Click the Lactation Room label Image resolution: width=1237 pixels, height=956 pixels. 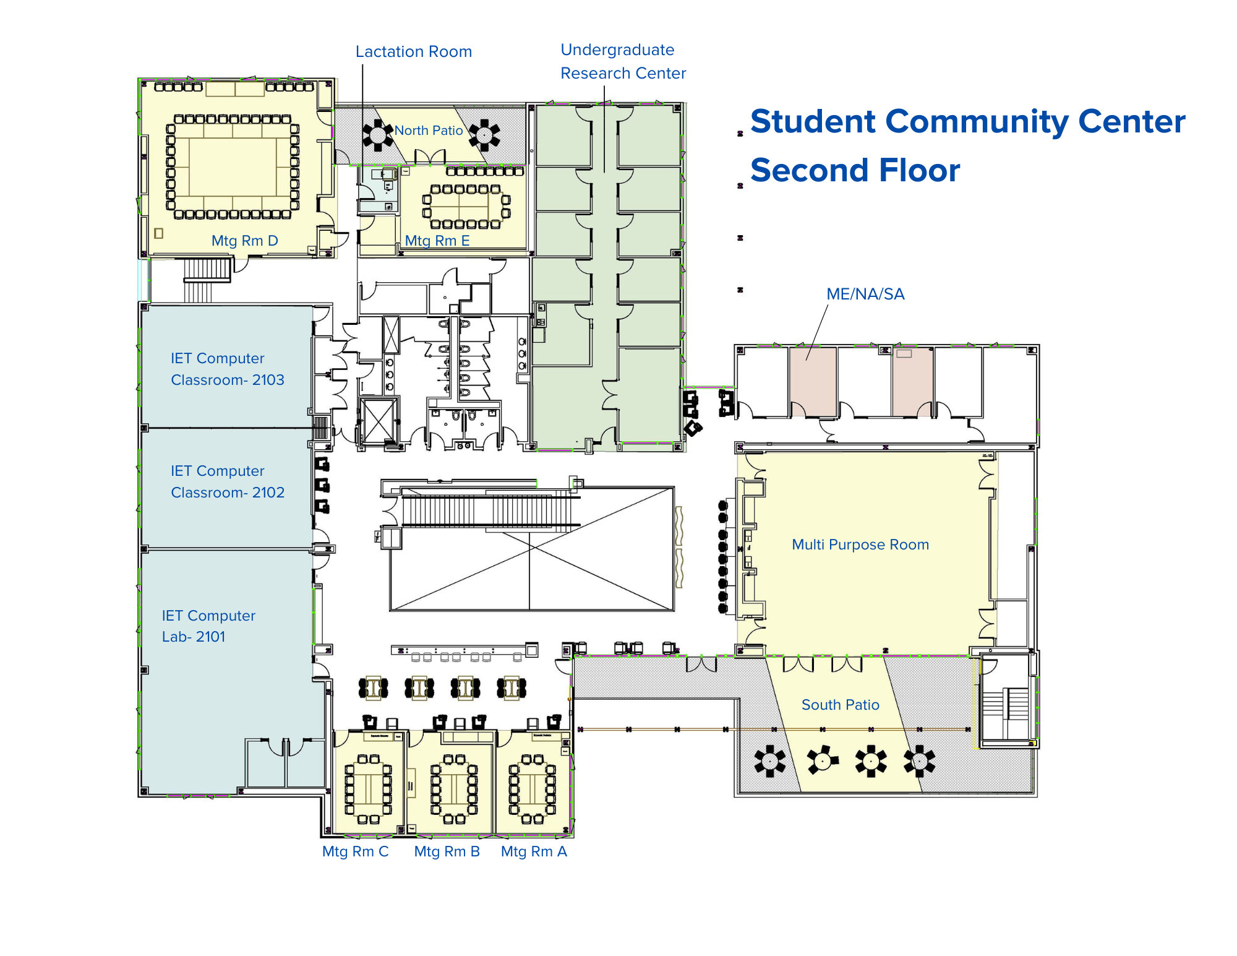click(413, 51)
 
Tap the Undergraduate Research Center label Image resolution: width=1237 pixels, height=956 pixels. click(622, 61)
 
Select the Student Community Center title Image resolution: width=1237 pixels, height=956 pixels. click(967, 121)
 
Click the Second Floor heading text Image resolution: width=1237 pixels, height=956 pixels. click(855, 170)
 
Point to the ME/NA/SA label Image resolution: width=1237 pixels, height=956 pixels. click(865, 294)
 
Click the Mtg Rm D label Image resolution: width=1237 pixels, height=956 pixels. click(244, 241)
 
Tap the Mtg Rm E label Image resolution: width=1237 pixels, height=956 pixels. click(437, 241)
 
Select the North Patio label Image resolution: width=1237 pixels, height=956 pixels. click(429, 131)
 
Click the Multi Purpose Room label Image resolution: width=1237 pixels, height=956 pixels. click(860, 545)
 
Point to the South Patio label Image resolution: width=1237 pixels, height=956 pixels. click(840, 705)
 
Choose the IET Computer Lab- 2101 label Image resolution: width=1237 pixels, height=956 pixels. click(208, 626)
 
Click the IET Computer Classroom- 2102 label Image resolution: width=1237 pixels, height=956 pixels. click(227, 481)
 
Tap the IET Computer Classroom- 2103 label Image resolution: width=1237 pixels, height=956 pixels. click(227, 369)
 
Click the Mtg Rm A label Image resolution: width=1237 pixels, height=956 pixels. click(534, 851)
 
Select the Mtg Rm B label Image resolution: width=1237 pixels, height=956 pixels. click(447, 851)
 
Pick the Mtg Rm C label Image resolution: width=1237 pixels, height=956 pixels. click(355, 851)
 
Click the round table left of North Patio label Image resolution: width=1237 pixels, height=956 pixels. click(377, 134)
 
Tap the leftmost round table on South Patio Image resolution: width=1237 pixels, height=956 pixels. click(769, 761)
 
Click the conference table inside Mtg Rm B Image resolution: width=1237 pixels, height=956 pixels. click(454, 789)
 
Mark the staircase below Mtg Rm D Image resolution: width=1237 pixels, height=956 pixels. click(207, 270)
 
